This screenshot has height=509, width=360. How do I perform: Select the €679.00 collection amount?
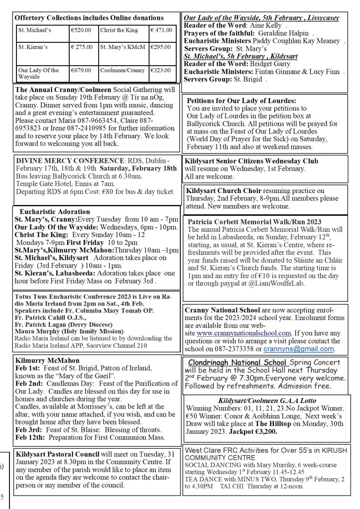pyautogui.click(x=81, y=71)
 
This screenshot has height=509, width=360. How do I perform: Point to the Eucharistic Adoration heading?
pyautogui.click(x=55, y=211)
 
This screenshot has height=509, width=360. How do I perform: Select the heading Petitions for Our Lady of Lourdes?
pyautogui.click(x=241, y=101)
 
